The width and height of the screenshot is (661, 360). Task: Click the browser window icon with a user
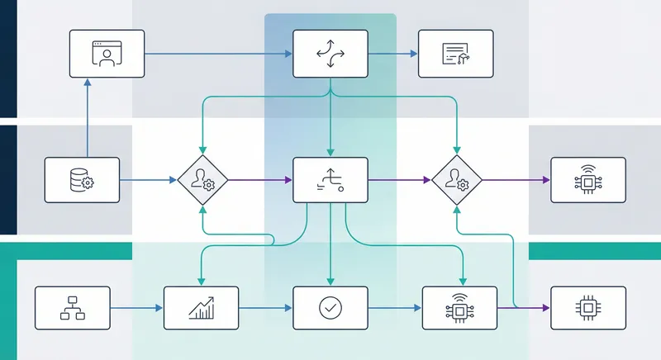click(107, 54)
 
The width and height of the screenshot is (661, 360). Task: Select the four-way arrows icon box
click(330, 54)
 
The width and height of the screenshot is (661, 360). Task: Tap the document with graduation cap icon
click(455, 54)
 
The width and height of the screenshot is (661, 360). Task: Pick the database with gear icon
click(83, 180)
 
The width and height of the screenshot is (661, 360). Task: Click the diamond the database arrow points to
click(202, 180)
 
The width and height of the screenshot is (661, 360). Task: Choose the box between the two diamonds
click(330, 180)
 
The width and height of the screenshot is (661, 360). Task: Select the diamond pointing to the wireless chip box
click(456, 180)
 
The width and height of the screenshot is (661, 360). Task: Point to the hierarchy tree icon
click(73, 309)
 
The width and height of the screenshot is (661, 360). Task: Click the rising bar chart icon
click(202, 309)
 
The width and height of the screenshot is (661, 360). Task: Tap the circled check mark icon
click(330, 309)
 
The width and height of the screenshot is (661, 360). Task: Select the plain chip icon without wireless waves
click(588, 309)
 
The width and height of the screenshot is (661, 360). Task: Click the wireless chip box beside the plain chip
click(459, 309)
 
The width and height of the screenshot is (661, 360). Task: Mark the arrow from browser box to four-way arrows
click(219, 54)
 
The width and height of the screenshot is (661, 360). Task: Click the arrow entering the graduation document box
click(393, 54)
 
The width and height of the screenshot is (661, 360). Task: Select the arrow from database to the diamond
click(149, 180)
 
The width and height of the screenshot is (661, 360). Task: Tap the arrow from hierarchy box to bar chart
click(137, 309)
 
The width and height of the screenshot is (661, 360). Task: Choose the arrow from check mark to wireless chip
click(395, 309)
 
